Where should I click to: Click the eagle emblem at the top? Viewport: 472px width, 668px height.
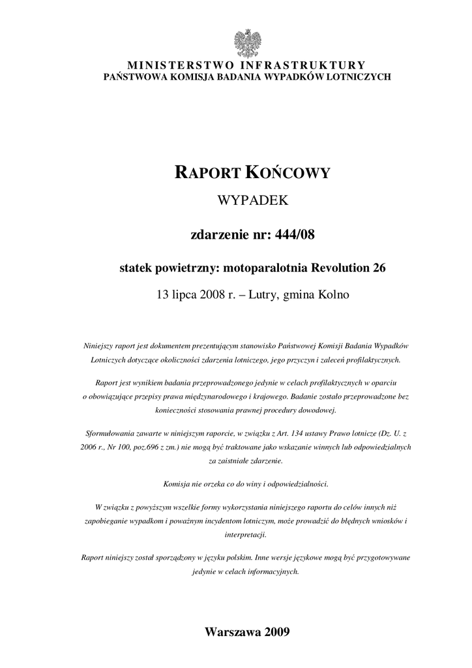pos(247,43)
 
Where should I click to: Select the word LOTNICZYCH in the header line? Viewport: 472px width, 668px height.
pos(360,76)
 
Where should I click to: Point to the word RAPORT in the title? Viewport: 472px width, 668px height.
pos(207,173)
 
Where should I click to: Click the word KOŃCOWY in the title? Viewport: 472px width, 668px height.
pos(288,173)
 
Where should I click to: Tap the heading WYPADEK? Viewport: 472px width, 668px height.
pos(252,202)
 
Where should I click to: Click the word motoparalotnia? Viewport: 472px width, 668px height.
pos(270,267)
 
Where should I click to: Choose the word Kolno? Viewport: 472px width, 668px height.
pos(334,295)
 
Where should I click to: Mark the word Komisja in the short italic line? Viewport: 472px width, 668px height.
pos(174,483)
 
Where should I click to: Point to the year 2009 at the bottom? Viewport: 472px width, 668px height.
pos(278,632)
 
